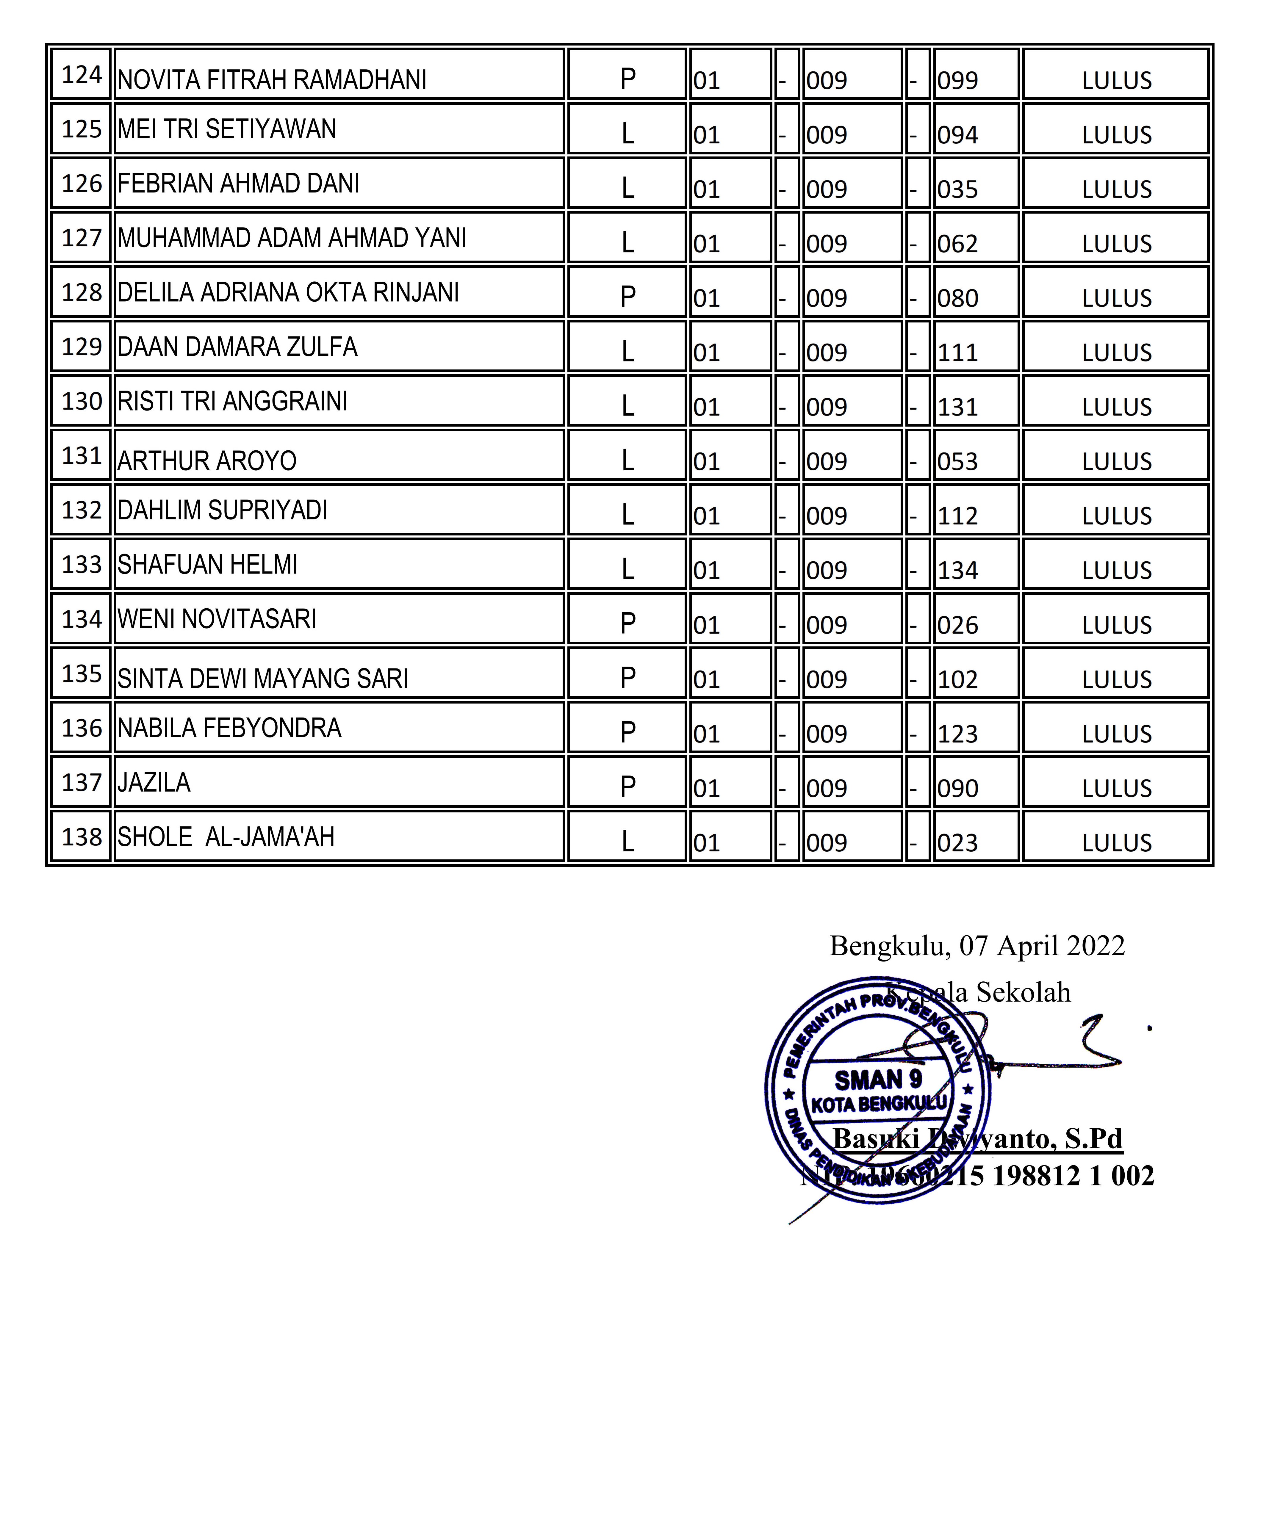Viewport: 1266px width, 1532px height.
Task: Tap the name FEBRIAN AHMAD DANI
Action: click(238, 184)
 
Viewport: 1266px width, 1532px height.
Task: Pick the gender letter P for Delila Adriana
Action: click(627, 297)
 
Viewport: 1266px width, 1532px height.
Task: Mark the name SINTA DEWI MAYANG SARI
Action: click(262, 679)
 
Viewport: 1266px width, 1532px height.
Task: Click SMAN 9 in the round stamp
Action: click(878, 1079)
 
